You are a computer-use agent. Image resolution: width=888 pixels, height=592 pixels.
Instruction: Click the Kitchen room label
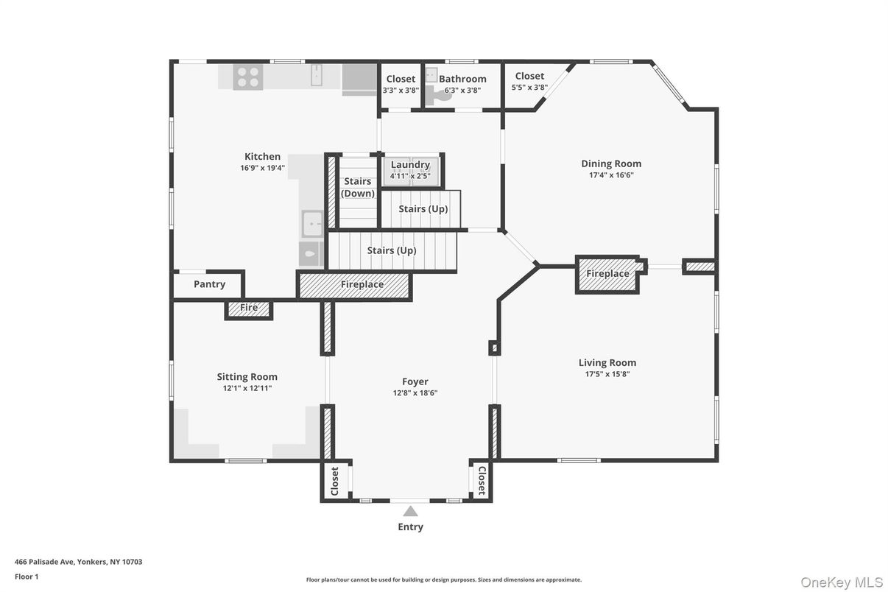[262, 156]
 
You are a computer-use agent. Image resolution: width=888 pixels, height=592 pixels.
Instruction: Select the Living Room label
[607, 362]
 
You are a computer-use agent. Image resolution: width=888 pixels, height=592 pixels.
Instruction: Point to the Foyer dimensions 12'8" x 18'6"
[415, 392]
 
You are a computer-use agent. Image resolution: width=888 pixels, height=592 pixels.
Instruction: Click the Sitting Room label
[247, 377]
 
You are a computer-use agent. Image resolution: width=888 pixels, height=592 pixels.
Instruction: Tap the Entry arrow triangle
[410, 511]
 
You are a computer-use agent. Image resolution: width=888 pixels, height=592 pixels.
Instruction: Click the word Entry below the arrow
[410, 526]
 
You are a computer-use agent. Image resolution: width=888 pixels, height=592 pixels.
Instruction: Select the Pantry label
[209, 284]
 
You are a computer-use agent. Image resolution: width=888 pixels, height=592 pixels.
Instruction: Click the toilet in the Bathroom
[442, 94]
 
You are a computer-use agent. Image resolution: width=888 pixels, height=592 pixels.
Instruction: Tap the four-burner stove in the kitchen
[248, 77]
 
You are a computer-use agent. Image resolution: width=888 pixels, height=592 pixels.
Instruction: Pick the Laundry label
[410, 165]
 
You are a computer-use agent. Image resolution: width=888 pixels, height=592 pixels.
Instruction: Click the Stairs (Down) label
[358, 187]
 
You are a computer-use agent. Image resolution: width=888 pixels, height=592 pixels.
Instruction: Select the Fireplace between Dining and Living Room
[607, 274]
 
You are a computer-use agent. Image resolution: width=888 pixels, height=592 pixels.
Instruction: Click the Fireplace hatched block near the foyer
[362, 284]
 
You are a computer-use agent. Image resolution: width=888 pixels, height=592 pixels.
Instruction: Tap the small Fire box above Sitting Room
[249, 308]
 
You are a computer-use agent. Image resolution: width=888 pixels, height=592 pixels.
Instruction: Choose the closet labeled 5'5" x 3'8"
[529, 81]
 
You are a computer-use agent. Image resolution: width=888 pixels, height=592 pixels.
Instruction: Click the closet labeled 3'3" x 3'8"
[401, 84]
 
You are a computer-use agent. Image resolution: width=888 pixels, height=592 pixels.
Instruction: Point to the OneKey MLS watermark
[841, 582]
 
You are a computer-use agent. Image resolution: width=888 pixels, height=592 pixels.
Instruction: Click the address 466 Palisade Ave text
[78, 562]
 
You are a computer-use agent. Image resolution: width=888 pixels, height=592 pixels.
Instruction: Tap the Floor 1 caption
[27, 577]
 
